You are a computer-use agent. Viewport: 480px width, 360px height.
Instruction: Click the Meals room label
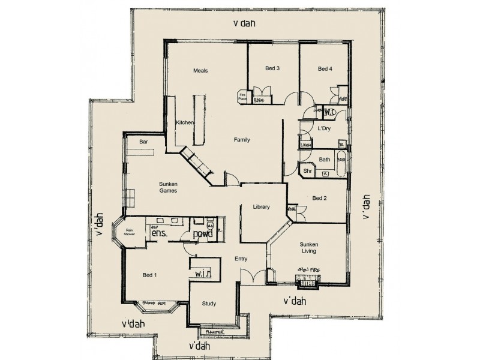200,71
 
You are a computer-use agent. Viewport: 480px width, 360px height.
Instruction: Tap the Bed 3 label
272,68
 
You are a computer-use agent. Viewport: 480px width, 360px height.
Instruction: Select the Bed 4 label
325,69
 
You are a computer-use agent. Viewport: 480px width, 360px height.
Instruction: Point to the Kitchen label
185,123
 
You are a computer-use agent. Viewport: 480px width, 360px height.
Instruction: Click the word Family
242,140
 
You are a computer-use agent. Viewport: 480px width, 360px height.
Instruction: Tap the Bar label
143,142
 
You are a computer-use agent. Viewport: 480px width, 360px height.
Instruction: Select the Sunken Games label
168,187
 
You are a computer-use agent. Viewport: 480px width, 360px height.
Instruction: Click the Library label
261,207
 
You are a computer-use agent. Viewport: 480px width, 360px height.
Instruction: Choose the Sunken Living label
309,248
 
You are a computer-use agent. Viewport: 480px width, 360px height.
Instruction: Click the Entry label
242,259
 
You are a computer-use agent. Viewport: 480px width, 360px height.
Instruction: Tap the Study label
209,304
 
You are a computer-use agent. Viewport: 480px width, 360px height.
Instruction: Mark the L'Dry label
323,129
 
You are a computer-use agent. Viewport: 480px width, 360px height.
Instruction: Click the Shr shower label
308,171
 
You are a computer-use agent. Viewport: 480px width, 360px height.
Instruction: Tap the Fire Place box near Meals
244,96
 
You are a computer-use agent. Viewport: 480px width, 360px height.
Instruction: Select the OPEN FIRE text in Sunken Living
308,271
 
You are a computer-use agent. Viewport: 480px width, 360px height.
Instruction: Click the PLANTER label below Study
215,331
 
